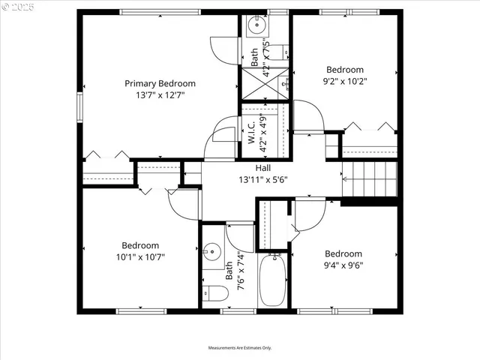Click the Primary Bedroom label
160,83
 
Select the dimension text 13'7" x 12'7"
160,95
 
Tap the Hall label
263,168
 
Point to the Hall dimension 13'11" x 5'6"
263,180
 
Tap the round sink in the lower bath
212,251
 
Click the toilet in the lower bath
214,292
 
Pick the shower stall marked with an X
264,84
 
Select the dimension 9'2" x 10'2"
343,81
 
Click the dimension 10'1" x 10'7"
140,256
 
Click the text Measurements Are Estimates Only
240,348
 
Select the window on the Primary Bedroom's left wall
80,104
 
